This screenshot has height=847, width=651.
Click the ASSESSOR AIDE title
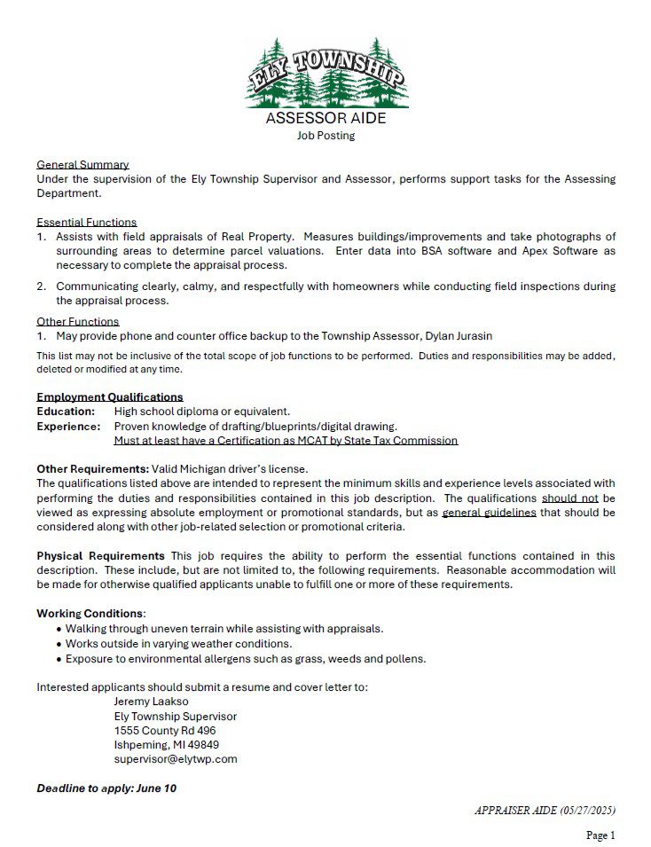click(325, 119)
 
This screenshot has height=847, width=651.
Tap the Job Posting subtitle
click(325, 136)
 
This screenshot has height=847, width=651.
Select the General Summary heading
click(82, 165)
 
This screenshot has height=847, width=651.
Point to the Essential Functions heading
click(86, 223)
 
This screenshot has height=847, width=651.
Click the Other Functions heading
click(77, 322)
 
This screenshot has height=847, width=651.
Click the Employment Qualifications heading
click(109, 397)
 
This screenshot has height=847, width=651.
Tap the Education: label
click(66, 412)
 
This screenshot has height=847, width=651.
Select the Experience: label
click(68, 426)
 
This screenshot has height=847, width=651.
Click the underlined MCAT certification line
click(286, 440)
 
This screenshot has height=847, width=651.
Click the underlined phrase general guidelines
click(489, 513)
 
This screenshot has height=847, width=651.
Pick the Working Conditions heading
click(90, 614)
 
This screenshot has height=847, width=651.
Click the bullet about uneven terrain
click(224, 628)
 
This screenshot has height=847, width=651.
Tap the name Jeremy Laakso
click(151, 702)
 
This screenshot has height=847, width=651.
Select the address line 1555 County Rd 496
click(165, 731)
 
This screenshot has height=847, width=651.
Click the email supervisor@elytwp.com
click(176, 759)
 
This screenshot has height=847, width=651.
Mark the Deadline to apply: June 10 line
click(106, 788)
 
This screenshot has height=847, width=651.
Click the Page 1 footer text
click(600, 835)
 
